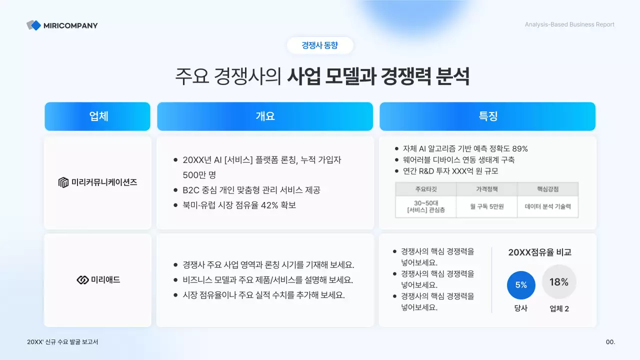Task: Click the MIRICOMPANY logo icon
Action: [x=34, y=25]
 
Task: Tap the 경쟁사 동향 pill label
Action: [x=320, y=45]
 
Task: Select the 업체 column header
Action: [x=97, y=116]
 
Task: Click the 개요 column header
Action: [x=265, y=116]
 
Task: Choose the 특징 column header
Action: [x=487, y=116]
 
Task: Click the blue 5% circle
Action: [x=521, y=285]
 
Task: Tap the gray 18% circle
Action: [x=559, y=282]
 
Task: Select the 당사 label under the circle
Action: [x=521, y=308]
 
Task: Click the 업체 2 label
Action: [x=559, y=308]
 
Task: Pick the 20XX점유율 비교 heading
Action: [x=539, y=252]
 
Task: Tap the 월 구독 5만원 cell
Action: [x=486, y=206]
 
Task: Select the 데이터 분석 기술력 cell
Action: [x=547, y=206]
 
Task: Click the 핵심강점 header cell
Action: [x=547, y=189]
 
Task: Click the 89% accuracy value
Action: [x=519, y=148]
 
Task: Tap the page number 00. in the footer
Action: [x=610, y=342]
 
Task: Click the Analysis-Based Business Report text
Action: [x=569, y=24]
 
